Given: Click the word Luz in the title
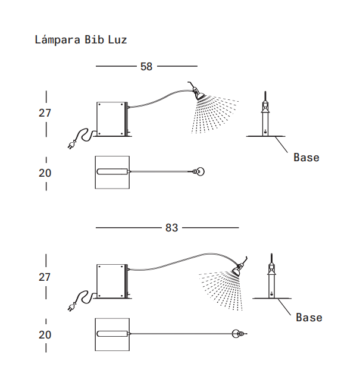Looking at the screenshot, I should [117, 40].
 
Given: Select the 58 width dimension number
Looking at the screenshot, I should [146, 67].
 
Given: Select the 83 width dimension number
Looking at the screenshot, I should [171, 228].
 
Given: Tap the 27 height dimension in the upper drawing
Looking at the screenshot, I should [45, 113].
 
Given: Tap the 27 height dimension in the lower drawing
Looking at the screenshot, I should [45, 277].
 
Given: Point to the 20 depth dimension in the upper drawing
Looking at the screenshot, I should [45, 173].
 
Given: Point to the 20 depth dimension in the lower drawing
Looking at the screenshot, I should [45, 335].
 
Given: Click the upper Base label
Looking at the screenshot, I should [306, 158].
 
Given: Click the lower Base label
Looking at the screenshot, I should [309, 318].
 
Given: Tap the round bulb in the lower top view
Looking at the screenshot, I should [237, 334].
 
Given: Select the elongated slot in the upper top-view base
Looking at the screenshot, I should [112, 172].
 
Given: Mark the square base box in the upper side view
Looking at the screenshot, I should [111, 118].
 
